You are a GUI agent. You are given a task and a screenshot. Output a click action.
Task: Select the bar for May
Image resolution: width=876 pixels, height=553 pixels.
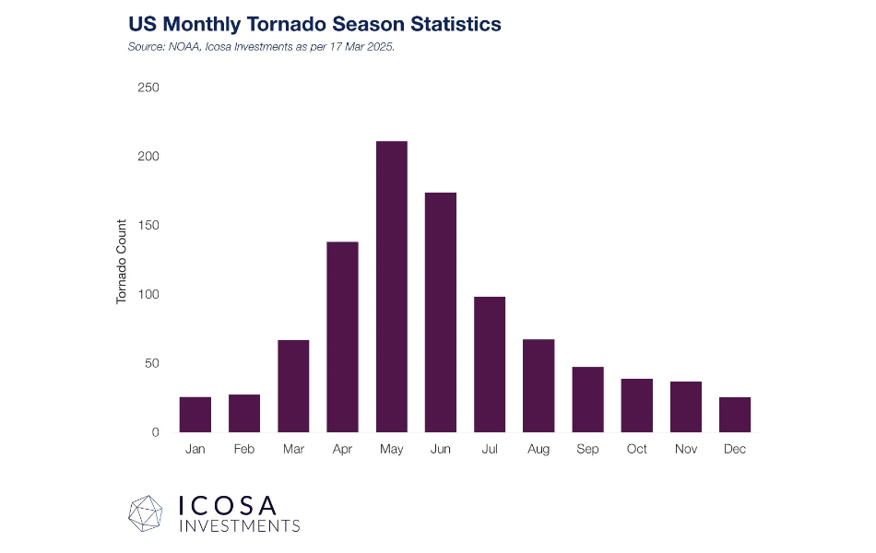pyautogui.click(x=392, y=287)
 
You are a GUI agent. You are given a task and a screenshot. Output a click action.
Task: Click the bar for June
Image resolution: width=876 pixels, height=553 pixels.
pyautogui.click(x=441, y=312)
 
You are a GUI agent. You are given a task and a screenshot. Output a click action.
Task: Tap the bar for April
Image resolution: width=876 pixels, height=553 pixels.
pyautogui.click(x=342, y=336)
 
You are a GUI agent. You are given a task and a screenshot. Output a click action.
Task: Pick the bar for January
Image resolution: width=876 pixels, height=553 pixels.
pyautogui.click(x=195, y=415)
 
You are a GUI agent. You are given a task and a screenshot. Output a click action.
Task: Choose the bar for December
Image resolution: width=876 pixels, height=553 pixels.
pyautogui.click(x=735, y=415)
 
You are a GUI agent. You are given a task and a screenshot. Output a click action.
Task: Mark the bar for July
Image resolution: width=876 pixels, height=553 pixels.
pyautogui.click(x=490, y=364)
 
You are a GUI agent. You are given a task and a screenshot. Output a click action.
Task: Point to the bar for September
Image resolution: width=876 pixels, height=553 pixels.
pyautogui.click(x=587, y=399)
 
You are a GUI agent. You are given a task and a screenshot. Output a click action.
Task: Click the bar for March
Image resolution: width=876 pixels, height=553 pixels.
pyautogui.click(x=293, y=386)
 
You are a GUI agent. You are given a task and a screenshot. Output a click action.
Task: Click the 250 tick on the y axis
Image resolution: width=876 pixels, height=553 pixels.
pyautogui.click(x=148, y=88)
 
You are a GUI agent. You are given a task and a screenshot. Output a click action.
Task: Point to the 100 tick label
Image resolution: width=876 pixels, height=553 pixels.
pyautogui.click(x=148, y=294)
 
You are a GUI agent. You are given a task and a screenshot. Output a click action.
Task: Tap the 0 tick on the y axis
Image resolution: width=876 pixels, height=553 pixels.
pyautogui.click(x=155, y=432)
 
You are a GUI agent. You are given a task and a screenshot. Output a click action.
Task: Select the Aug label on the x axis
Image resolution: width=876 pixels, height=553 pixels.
pyautogui.click(x=539, y=450)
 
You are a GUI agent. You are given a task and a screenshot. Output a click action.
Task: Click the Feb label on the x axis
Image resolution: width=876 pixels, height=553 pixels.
pyautogui.click(x=244, y=450)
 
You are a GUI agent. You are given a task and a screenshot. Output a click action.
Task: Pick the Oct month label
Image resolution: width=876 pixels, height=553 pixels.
pyautogui.click(x=637, y=450)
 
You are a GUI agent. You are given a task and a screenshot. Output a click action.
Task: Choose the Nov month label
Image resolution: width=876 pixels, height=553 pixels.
pyautogui.click(x=686, y=450)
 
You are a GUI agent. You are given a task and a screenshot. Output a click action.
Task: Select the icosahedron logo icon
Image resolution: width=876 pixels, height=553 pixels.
pyautogui.click(x=146, y=513)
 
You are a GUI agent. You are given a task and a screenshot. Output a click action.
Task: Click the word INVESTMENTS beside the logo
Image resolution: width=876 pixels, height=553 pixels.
pyautogui.click(x=239, y=526)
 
